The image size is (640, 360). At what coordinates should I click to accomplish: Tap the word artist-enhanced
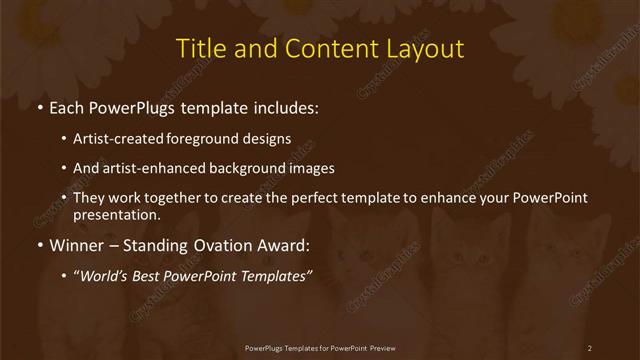(x=141, y=168)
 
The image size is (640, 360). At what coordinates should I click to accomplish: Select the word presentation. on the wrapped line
(x=117, y=214)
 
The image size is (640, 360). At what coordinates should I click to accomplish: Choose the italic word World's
(x=104, y=275)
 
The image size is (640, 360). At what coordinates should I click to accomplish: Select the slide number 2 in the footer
(x=590, y=348)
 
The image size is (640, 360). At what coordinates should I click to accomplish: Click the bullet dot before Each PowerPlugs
(x=39, y=106)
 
